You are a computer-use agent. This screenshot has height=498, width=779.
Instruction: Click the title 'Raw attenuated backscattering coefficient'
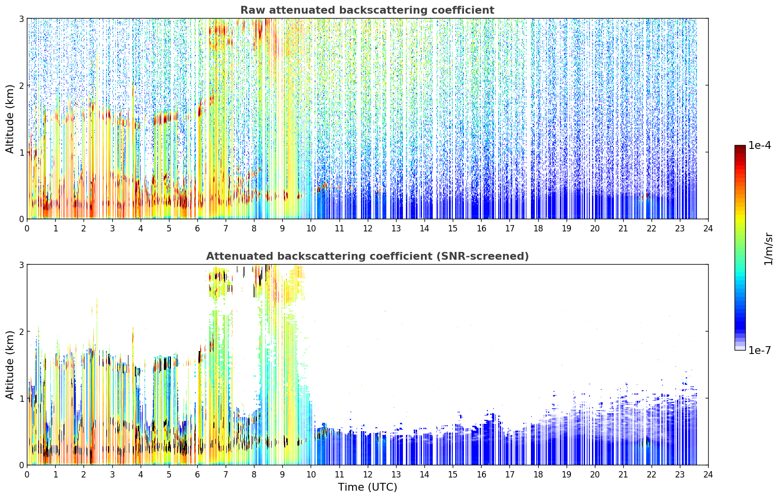367,10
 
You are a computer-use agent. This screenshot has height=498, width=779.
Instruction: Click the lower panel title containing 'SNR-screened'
367,256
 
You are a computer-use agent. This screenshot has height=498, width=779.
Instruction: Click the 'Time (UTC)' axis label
367,487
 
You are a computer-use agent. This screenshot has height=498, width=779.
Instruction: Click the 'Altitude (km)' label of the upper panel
10,119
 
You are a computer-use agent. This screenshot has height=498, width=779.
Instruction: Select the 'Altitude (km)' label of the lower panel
10,365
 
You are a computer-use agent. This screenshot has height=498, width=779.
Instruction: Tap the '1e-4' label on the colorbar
759,145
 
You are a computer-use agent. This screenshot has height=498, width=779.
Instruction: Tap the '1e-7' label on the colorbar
759,350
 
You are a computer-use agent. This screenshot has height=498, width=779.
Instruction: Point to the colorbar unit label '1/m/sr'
768,249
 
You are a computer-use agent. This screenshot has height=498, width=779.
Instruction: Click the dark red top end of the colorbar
740,147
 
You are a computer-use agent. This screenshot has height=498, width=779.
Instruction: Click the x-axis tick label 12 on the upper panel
368,228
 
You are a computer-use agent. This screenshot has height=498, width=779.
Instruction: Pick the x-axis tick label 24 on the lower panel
708,475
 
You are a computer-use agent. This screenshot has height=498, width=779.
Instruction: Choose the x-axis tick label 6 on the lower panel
197,475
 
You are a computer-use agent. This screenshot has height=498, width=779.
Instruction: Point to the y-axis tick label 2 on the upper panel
21,85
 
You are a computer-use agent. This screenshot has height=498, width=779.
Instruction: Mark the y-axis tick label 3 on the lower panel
21,265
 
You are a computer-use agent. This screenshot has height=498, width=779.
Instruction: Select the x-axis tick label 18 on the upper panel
538,228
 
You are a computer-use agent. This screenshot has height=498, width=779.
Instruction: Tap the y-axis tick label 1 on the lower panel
21,398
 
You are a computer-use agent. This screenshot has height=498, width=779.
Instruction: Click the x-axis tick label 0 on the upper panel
27,228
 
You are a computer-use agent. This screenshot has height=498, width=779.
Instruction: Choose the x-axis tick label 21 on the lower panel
623,475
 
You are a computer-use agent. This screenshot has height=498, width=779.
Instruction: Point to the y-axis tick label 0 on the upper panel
21,219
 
